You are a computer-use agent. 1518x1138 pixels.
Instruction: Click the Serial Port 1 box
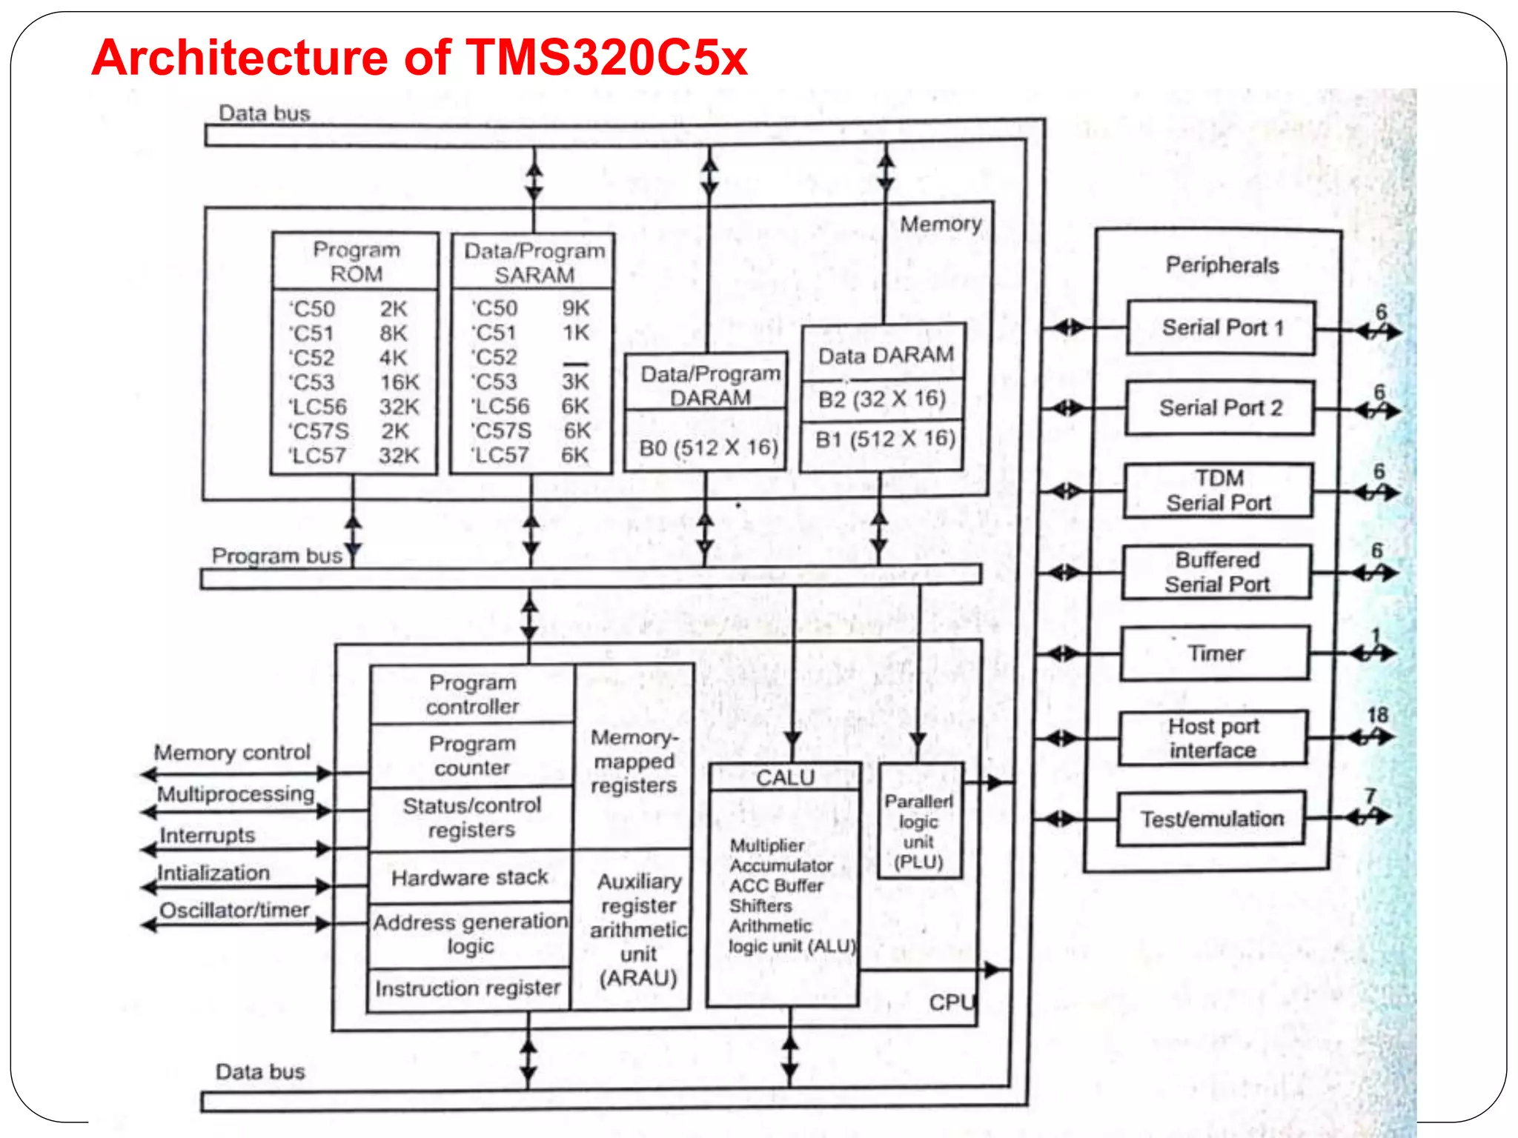[1221, 327]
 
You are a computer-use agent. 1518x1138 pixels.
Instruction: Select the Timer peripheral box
[1216, 653]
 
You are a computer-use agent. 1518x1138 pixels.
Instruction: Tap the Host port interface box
[1213, 738]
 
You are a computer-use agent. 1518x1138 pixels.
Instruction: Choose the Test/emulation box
[1212, 819]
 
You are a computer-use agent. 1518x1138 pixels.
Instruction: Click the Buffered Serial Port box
[1217, 572]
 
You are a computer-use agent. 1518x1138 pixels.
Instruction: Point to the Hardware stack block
[470, 878]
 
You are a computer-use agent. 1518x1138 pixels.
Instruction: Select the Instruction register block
[468, 988]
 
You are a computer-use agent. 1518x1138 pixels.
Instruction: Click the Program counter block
[472, 755]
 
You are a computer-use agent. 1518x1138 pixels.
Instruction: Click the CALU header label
[785, 777]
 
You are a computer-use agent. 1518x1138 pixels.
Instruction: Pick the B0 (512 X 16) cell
[708, 448]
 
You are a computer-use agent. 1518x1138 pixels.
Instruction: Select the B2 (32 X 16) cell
[882, 399]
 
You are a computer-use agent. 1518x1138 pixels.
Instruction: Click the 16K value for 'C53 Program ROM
[400, 382]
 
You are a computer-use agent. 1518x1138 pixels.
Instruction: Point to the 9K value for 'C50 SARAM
[575, 308]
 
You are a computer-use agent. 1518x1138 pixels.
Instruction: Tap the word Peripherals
[1222, 265]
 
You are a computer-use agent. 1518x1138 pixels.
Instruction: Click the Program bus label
[276, 556]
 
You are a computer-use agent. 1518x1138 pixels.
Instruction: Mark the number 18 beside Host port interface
[1377, 715]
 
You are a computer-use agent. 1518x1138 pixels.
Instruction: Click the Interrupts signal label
[208, 835]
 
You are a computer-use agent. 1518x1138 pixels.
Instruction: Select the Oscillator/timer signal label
[234, 910]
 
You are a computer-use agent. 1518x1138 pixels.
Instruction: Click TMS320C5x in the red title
[606, 58]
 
